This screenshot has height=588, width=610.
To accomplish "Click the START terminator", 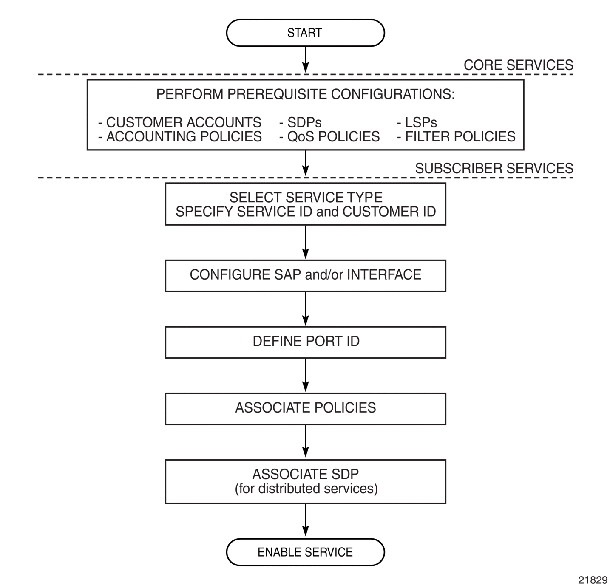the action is pyautogui.click(x=305, y=33).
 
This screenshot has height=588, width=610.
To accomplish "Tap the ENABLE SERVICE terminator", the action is pyautogui.click(x=305, y=552).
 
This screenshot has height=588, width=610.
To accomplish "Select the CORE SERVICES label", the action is pyautogui.click(x=518, y=65).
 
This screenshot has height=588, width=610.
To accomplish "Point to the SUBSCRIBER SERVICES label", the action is pyautogui.click(x=494, y=168).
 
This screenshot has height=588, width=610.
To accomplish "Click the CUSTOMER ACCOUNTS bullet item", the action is pyautogui.click(x=180, y=122).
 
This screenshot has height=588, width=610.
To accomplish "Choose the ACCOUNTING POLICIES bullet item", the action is pyautogui.click(x=180, y=136).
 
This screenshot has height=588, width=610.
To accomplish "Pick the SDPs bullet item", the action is pyautogui.click(x=300, y=122).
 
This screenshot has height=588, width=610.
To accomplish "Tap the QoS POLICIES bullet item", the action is pyautogui.click(x=329, y=136).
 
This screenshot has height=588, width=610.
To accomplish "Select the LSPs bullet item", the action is pyautogui.click(x=417, y=122).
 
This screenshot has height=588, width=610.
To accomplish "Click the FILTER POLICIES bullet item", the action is pyautogui.click(x=456, y=136).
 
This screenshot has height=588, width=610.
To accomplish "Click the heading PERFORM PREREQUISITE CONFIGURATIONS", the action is pyautogui.click(x=305, y=94).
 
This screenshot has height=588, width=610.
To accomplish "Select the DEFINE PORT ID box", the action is pyautogui.click(x=305, y=342).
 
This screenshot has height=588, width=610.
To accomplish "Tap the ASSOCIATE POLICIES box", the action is pyautogui.click(x=305, y=409).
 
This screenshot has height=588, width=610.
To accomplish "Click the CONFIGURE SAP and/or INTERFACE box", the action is pyautogui.click(x=305, y=276).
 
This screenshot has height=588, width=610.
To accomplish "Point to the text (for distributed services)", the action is pyautogui.click(x=306, y=489).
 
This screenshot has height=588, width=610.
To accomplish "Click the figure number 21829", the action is pyautogui.click(x=593, y=580).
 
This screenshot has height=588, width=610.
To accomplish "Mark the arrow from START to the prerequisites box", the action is pyautogui.click(x=305, y=60).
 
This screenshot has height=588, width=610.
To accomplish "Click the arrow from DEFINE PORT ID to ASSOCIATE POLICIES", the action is pyautogui.click(x=305, y=375).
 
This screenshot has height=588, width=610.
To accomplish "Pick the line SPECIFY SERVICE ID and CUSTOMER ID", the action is pyautogui.click(x=306, y=212).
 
